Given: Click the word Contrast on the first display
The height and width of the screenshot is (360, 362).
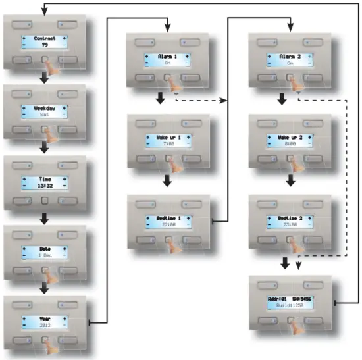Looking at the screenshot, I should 44,39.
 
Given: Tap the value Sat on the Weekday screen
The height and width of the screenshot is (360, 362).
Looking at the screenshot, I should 44,114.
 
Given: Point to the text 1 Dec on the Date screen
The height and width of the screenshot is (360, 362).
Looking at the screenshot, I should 44,256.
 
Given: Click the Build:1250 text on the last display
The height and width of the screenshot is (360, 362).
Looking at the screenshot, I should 291,305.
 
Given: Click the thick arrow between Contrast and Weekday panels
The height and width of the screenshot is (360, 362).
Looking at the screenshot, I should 44,79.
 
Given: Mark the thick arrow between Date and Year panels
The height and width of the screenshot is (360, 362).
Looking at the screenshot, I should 44,288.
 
